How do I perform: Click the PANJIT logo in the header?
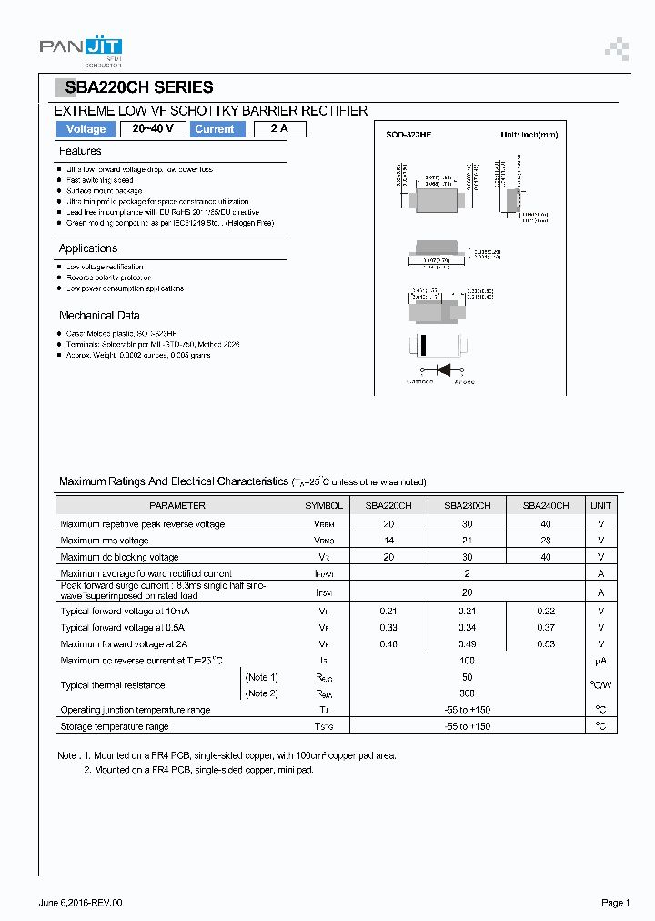tap(81, 49)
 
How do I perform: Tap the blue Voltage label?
tap(86, 129)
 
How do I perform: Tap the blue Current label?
tap(215, 129)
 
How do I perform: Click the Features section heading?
tap(80, 151)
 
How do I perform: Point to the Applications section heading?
tap(88, 248)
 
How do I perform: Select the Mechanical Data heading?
tap(99, 316)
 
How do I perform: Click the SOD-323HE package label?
tap(408, 135)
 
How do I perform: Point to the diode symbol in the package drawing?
tap(445, 369)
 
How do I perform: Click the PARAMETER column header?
tap(177, 505)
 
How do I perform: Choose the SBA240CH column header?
tap(546, 505)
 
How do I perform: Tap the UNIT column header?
tap(601, 505)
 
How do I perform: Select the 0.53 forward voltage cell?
tap(546, 644)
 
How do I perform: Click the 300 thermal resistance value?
tap(468, 693)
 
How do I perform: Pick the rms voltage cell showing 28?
tap(546, 541)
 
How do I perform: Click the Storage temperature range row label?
tap(115, 726)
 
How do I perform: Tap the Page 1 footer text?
tap(615, 902)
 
